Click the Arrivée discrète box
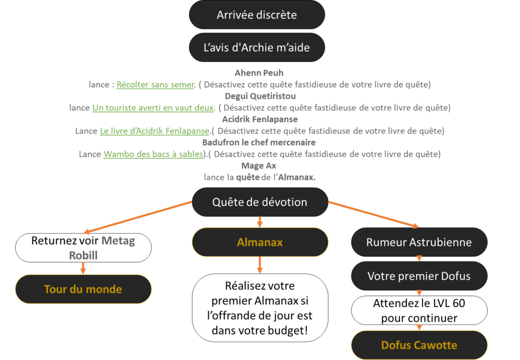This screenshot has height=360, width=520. (x=256, y=15)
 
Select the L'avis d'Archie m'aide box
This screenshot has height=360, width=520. (x=256, y=48)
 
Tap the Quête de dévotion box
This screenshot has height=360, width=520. (x=259, y=202)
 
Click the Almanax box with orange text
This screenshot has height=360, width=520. (x=259, y=242)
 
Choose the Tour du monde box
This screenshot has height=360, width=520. (x=83, y=289)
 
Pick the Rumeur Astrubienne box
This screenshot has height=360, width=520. (x=419, y=242)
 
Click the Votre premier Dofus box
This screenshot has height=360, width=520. (x=419, y=276)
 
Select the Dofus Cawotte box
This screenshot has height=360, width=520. (x=419, y=345)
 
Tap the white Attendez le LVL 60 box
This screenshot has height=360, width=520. (x=419, y=311)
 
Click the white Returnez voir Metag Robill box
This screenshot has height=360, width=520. (x=83, y=248)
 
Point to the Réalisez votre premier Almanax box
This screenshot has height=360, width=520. (x=259, y=308)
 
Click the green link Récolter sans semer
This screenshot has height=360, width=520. (x=155, y=85)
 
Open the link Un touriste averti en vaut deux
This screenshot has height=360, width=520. (x=154, y=108)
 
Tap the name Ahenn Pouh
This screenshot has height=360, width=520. (x=259, y=73)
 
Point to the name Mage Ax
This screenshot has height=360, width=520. (x=259, y=166)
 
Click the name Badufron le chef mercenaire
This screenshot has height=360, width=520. (x=259, y=143)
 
